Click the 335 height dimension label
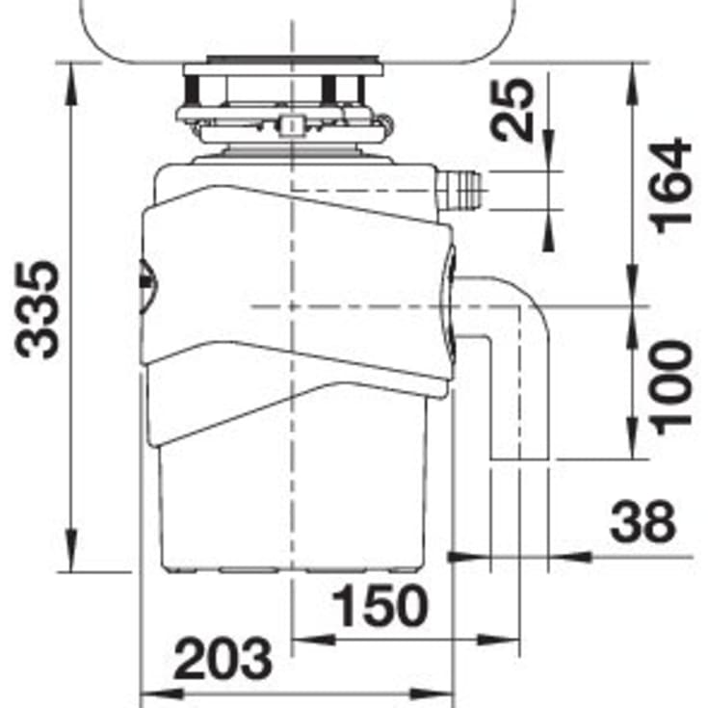pyautogui.click(x=37, y=310)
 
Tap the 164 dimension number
pyautogui.click(x=669, y=186)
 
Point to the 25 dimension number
pyautogui.click(x=511, y=111)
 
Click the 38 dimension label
pyautogui.click(x=642, y=521)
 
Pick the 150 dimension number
pyautogui.click(x=380, y=606)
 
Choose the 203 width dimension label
pyautogui.click(x=223, y=659)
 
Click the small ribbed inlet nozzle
pyautogui.click(x=459, y=190)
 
